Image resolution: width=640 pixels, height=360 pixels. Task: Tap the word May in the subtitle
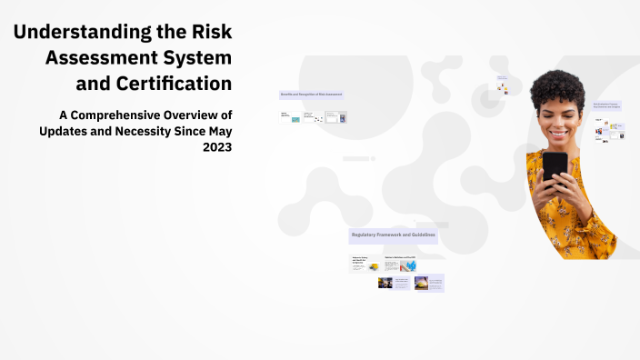(216, 131)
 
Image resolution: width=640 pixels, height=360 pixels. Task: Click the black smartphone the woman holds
(555, 169)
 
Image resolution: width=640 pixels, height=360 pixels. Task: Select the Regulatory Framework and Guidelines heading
(393, 235)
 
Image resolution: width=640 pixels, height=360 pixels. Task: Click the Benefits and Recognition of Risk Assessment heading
(311, 95)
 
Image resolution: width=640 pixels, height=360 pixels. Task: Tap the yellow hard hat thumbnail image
(374, 266)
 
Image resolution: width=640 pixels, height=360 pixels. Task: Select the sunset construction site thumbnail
(421, 283)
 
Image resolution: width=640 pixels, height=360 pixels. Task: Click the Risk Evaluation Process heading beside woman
(606, 105)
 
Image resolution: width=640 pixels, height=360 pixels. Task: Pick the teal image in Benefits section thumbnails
(295, 119)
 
